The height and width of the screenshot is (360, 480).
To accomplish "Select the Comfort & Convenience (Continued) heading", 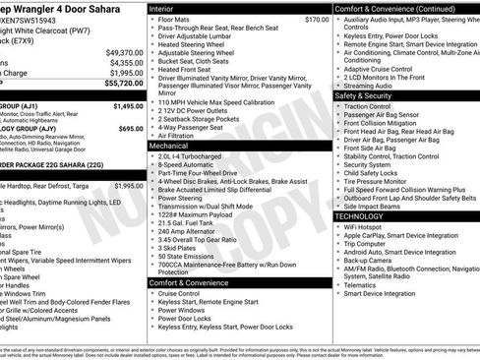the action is [393, 8].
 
